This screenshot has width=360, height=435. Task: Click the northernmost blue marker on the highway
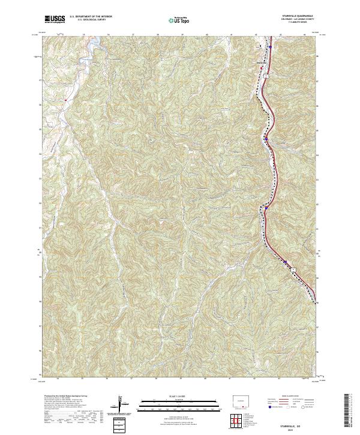pyautogui.click(x=271, y=47)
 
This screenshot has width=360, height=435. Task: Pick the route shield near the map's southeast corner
pyautogui.click(x=293, y=271)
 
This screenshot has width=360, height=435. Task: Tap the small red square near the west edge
pyautogui.click(x=65, y=100)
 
